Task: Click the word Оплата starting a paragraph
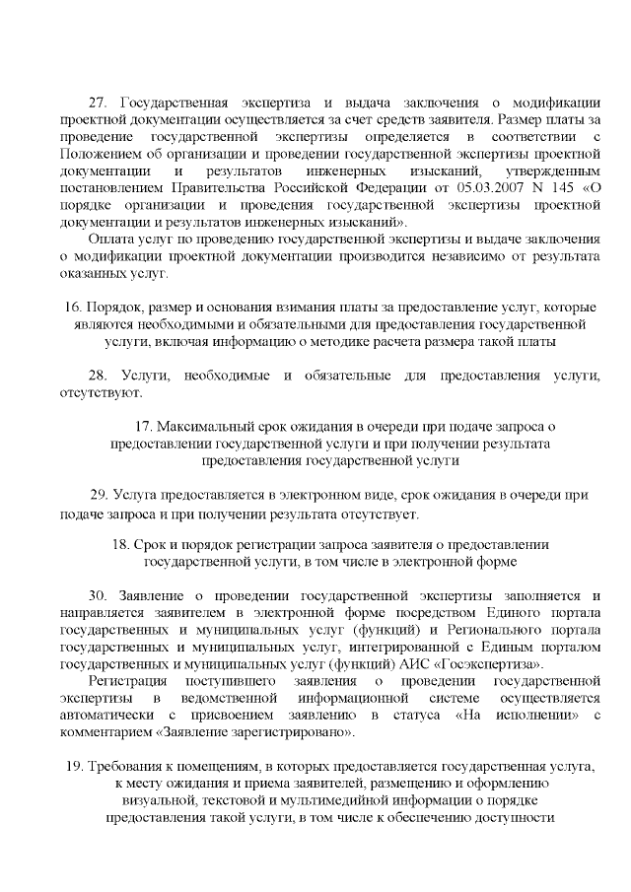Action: click(110, 239)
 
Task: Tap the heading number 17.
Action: click(143, 427)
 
